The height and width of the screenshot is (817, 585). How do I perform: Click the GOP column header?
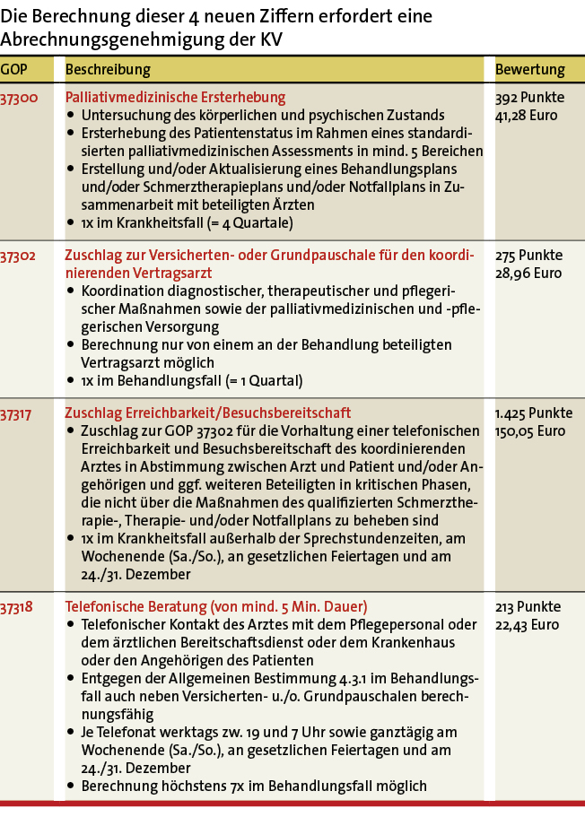(x=13, y=70)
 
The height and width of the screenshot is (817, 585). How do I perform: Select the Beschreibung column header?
(x=108, y=70)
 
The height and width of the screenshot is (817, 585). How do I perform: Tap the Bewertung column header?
(x=530, y=70)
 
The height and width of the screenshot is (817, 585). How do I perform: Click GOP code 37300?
(x=19, y=98)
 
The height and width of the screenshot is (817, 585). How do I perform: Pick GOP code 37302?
(x=19, y=256)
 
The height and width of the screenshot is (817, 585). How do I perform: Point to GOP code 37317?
(x=19, y=413)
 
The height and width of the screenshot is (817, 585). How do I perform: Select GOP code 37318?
(x=19, y=607)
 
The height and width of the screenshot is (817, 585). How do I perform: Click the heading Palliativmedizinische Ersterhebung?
(x=175, y=98)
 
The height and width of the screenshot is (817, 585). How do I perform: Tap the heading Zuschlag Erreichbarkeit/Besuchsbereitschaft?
(x=207, y=413)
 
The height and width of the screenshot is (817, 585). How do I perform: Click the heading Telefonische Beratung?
(x=215, y=607)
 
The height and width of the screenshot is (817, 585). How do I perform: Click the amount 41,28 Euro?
(x=527, y=115)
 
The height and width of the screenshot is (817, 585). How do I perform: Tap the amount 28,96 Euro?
(x=527, y=273)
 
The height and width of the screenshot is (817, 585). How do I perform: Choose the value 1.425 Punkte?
(x=534, y=413)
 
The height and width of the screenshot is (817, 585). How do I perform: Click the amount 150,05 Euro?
(x=530, y=430)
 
